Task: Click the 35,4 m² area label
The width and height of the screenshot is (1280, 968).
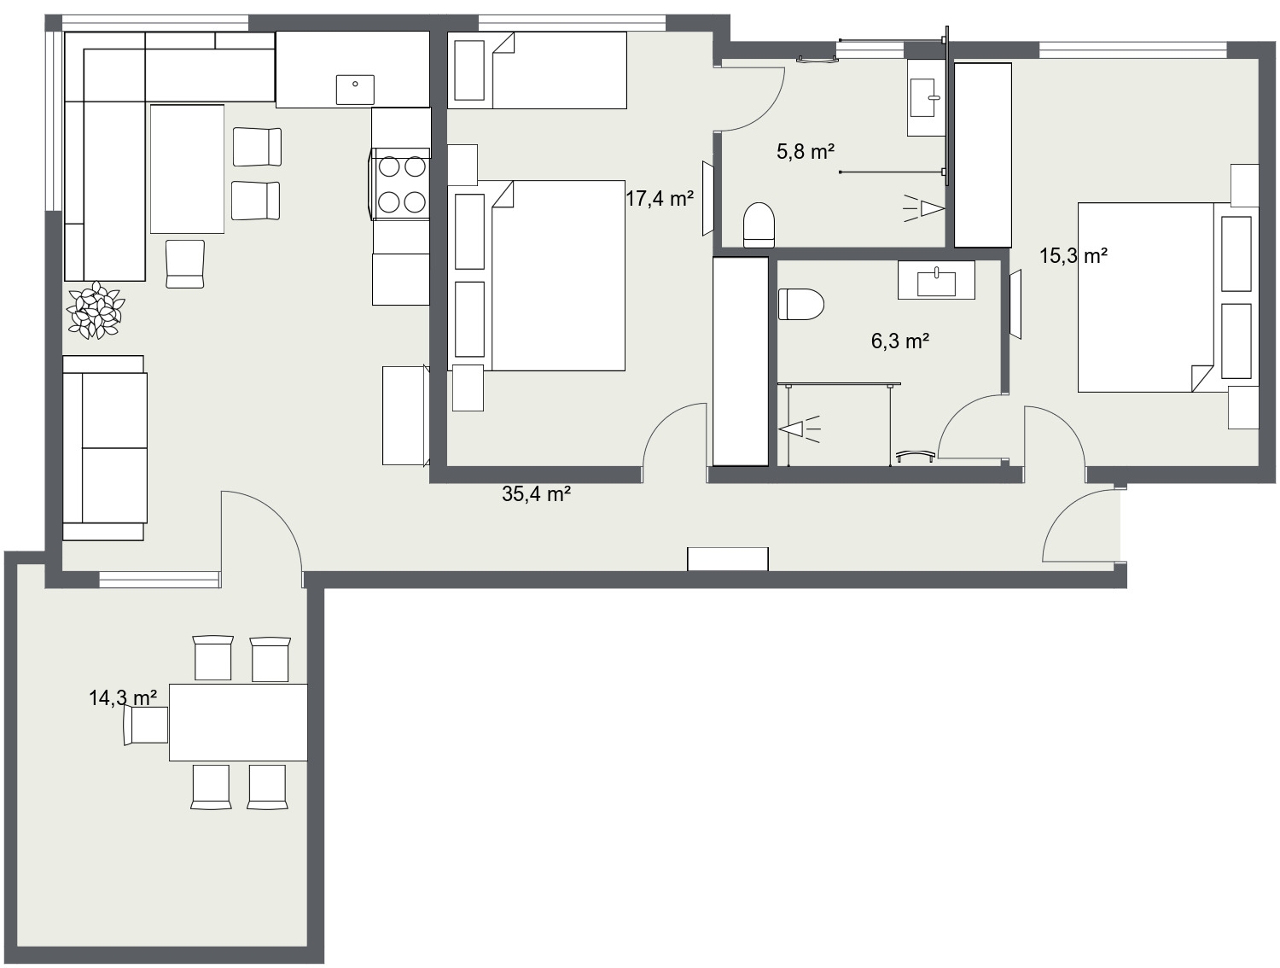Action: (536, 494)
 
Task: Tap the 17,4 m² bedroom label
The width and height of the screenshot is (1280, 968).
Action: (660, 199)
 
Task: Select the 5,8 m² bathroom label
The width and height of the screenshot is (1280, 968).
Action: (806, 152)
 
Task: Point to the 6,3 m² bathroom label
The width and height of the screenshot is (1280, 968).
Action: (899, 341)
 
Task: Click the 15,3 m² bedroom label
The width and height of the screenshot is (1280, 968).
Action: (1073, 255)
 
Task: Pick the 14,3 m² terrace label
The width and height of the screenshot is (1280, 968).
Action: (123, 698)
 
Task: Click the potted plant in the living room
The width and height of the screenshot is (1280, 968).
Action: (95, 310)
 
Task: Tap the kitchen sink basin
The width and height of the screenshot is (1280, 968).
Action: (354, 90)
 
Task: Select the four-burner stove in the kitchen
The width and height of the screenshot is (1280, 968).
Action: (401, 184)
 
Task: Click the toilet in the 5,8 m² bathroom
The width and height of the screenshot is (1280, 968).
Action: (759, 225)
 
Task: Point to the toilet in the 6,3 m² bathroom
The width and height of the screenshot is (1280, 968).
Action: (800, 304)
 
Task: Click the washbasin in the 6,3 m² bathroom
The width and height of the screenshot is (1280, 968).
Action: (936, 281)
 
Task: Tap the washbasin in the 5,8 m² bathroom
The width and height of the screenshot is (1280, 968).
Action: (926, 98)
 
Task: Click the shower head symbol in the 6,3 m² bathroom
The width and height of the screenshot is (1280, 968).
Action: (799, 429)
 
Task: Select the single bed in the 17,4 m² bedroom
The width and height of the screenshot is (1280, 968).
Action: (537, 70)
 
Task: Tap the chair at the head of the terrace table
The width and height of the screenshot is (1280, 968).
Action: (146, 724)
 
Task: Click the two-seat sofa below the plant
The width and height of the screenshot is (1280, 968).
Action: (104, 448)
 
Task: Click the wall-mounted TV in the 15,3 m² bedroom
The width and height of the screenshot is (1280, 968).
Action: (1015, 304)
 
